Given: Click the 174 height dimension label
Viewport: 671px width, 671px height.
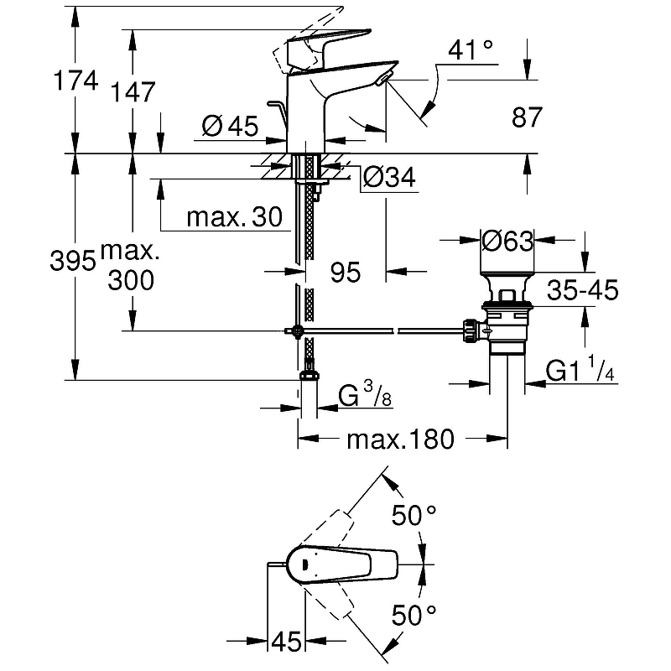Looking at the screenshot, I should pos(75,81).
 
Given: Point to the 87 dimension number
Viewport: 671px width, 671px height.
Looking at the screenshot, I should pos(528,117).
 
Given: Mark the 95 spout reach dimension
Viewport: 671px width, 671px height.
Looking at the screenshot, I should pos(344,271).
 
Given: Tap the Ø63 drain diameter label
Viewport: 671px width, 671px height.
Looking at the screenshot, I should pos(507,242).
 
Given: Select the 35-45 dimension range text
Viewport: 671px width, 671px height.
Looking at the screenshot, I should pos(580,291).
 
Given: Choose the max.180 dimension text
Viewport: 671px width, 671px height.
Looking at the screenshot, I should pos(401,438).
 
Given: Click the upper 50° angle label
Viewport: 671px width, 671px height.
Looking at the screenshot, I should pos(414,516).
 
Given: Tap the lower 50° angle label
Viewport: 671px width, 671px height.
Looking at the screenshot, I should pos(414,617).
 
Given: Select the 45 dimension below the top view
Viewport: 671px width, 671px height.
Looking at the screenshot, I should pos(286,644).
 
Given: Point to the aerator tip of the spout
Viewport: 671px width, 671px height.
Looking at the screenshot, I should pos(383,80).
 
